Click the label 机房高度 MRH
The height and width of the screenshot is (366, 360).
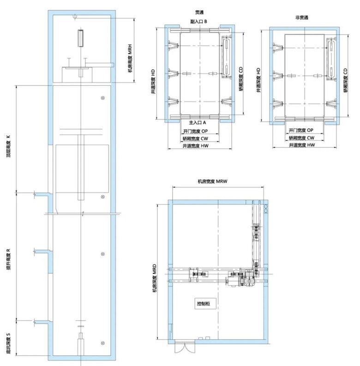pos(130,58)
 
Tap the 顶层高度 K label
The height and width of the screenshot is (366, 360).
pos(8,146)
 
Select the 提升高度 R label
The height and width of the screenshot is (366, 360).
pos(8,259)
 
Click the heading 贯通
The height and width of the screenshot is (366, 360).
pos(199,12)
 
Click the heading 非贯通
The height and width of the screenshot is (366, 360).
pos(302,18)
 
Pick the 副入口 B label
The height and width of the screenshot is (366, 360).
pos(198,22)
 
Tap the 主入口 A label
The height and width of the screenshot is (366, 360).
pos(198,123)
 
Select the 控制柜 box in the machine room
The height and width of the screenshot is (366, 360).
pos(205,303)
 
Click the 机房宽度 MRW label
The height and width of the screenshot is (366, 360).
pos(212,181)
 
